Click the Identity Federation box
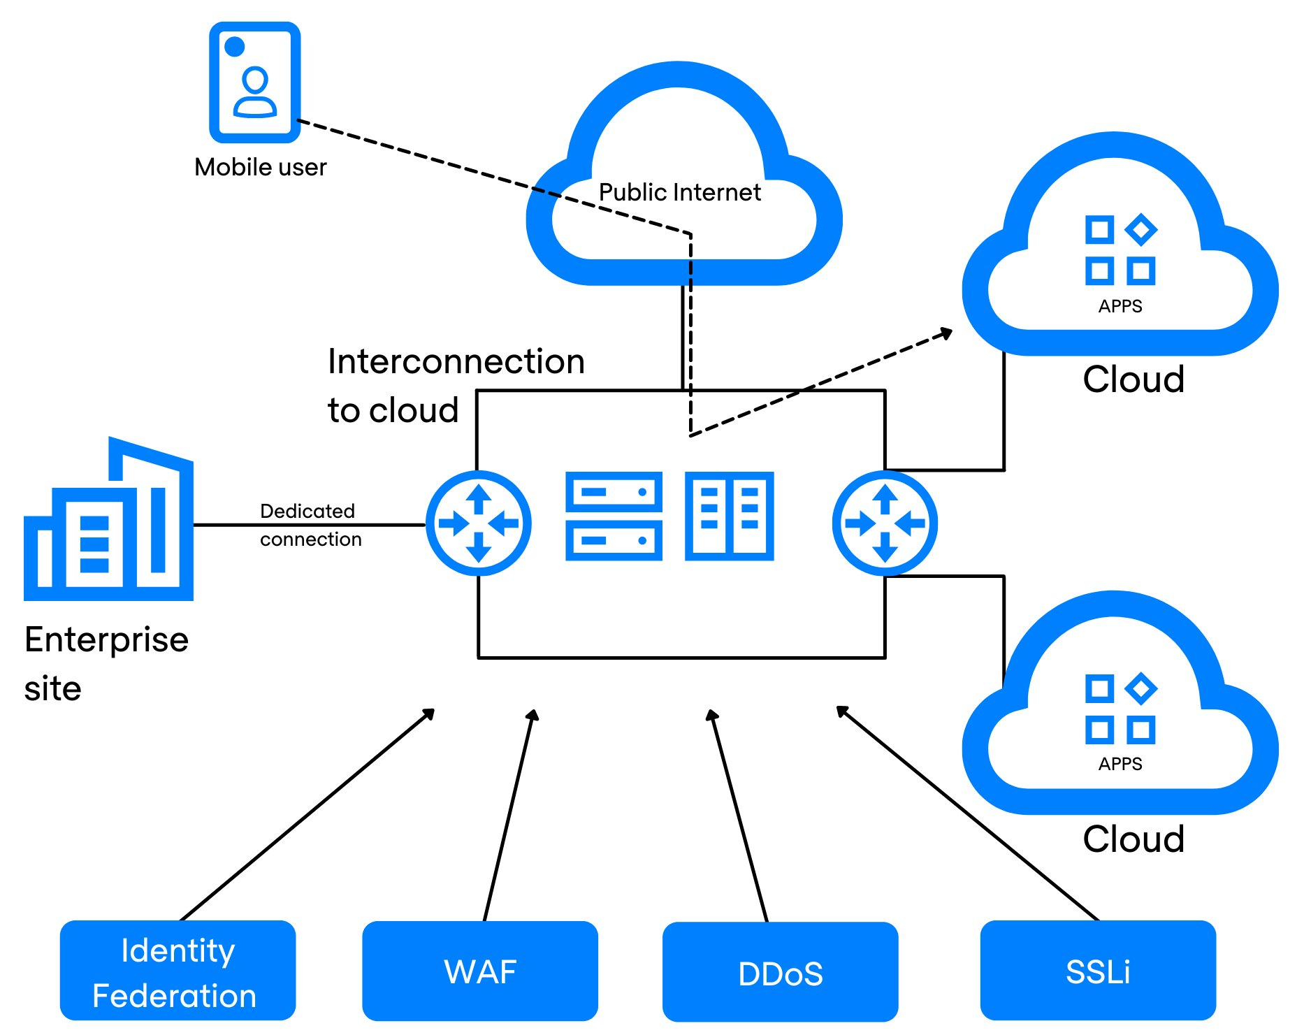(178, 971)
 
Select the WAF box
(480, 971)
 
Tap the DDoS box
(780, 973)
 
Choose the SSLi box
(1098, 971)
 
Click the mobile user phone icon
(255, 82)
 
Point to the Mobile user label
(260, 168)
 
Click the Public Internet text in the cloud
(679, 192)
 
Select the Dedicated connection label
(310, 525)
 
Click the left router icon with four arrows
(479, 523)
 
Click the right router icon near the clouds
(885, 523)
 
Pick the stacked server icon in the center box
(614, 516)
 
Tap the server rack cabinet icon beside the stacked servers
(729, 516)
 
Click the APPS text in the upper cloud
(1120, 306)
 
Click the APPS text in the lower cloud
(1120, 764)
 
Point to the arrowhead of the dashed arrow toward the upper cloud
(947, 333)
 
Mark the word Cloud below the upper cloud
(1133, 379)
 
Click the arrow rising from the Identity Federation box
(307, 815)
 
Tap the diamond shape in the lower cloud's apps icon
(1140, 688)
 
